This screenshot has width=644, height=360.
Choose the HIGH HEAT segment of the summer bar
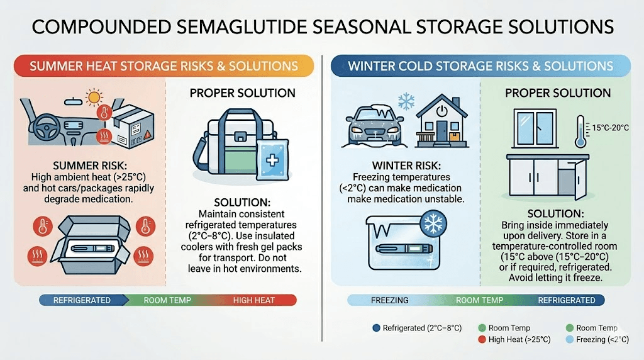[254, 300]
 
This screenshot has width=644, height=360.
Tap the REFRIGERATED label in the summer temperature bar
[82, 300]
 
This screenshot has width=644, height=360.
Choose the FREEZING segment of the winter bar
[390, 300]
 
